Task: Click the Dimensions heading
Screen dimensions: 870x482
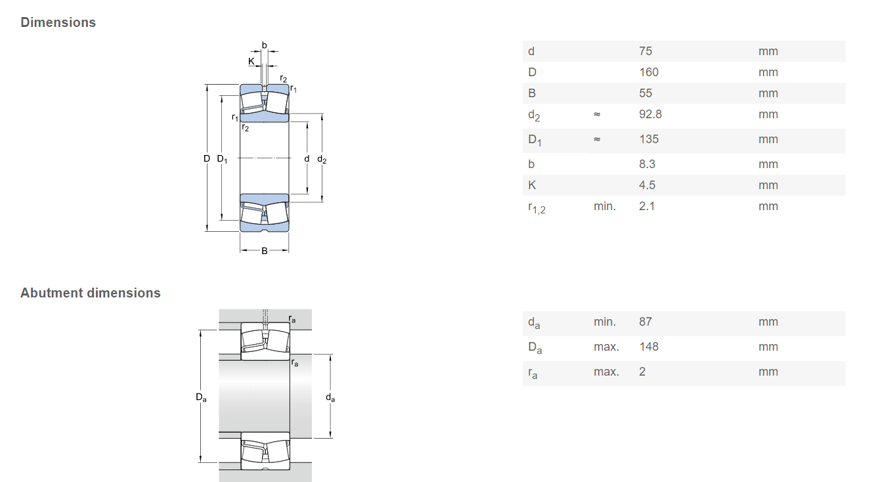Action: coord(58,22)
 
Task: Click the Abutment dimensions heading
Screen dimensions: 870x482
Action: coord(91,293)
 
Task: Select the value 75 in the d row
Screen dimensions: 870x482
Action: coord(645,51)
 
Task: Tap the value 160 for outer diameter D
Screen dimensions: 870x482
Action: coord(649,72)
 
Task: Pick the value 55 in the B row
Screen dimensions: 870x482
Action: coord(645,93)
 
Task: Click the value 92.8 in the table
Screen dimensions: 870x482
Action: coord(650,114)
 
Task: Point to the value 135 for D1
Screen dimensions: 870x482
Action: coord(649,139)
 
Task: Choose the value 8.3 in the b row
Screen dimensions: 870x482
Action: coord(647,164)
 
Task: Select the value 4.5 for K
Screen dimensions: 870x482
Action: coord(647,185)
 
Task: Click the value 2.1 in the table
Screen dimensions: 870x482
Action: coord(647,206)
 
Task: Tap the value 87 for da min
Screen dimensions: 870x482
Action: coord(645,322)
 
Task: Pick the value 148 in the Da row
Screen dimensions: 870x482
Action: coord(649,347)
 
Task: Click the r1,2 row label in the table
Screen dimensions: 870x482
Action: coord(536,208)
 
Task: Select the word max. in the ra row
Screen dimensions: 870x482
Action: coord(606,372)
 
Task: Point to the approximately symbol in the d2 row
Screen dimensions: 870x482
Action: coord(597,114)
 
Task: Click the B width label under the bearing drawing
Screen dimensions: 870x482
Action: coord(265,251)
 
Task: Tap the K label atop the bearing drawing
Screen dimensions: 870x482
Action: coord(251,61)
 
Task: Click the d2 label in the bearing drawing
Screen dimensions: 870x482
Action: coord(322,159)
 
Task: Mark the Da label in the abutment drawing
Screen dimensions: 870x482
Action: coord(201,397)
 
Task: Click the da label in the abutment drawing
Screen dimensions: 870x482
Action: coord(330,397)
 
